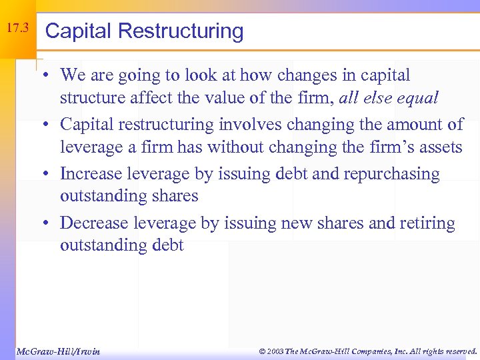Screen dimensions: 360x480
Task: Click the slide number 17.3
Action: [x=17, y=29]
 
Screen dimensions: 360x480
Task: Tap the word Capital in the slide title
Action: [x=74, y=31]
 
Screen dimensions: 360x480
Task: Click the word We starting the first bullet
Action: [x=73, y=75]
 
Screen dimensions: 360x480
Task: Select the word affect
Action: [x=155, y=99]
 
